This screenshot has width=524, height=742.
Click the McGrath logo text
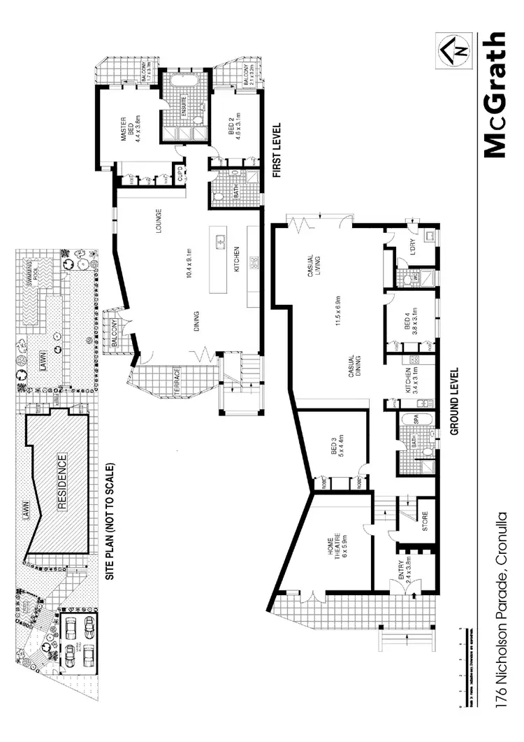click(494, 95)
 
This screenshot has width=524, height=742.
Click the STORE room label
click(425, 523)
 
